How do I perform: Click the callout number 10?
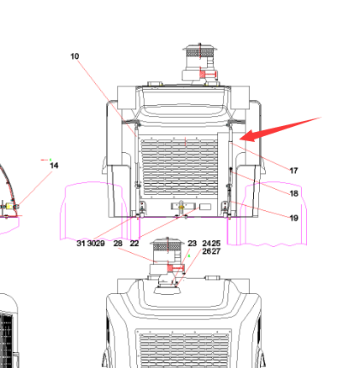75,56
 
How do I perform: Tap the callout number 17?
294,171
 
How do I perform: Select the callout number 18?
294,193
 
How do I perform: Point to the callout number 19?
294,218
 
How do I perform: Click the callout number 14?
54,166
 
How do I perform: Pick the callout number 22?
135,244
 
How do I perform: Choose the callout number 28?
118,244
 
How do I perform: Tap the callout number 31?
81,244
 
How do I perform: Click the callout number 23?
192,244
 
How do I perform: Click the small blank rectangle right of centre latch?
205,207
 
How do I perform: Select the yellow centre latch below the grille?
182,207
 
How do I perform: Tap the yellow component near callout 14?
9,207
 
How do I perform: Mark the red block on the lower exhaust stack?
170,268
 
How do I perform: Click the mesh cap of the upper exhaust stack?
199,51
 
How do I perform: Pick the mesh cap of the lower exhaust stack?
167,245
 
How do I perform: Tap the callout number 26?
207,251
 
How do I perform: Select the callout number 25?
216,244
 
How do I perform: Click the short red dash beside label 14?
45,160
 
